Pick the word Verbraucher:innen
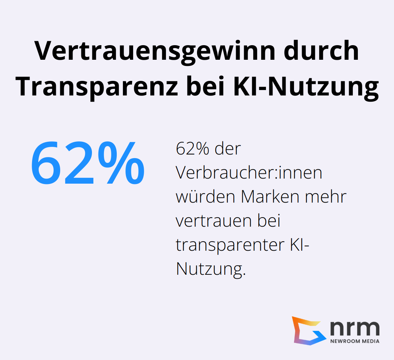coord(249,172)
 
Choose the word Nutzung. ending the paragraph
coord(209,269)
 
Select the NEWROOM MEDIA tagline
coord(354,341)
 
